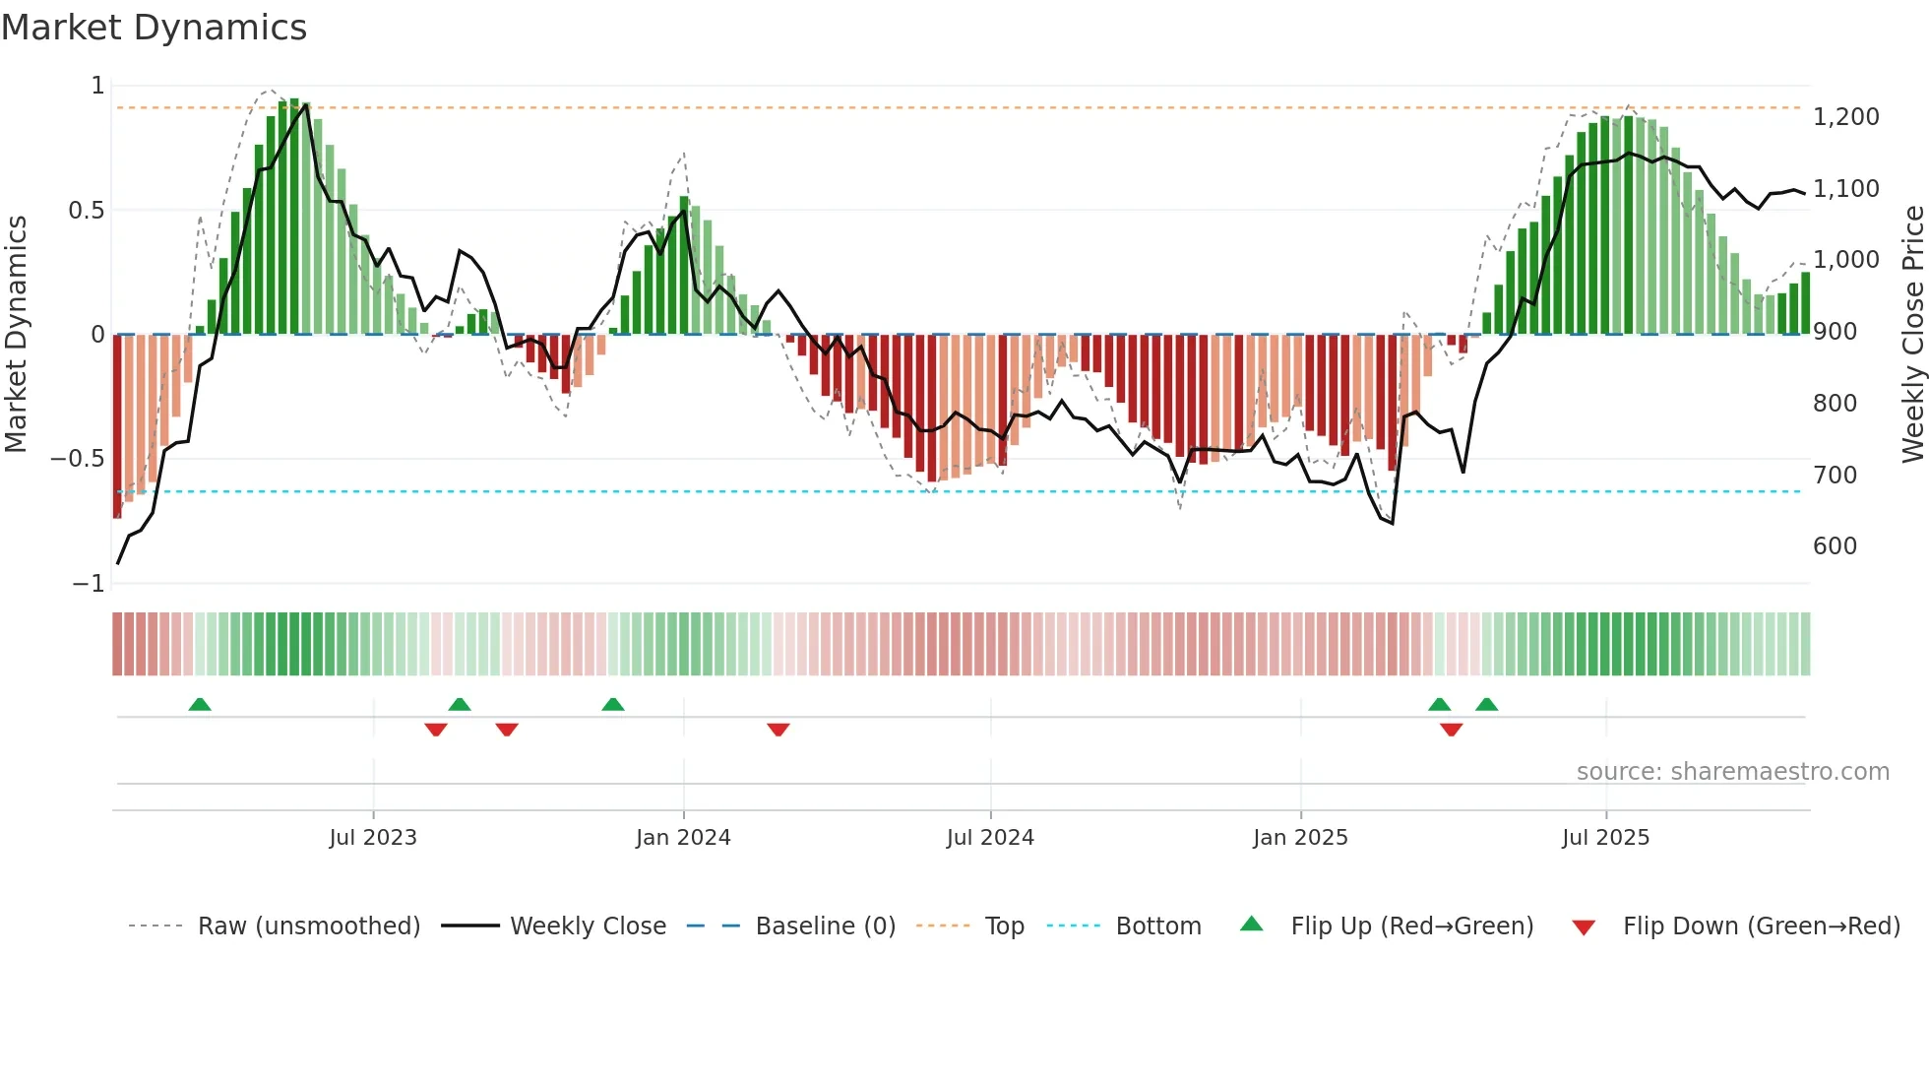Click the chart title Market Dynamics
point(155,28)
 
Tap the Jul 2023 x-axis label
point(373,838)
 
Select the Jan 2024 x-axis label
point(683,838)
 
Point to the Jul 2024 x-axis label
point(990,838)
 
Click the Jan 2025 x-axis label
point(1300,838)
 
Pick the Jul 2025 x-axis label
point(1605,838)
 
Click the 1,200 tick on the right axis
point(1845,117)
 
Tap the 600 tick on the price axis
point(1835,546)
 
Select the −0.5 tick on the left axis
point(77,459)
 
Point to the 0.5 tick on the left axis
point(86,211)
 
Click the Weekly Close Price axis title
point(1912,334)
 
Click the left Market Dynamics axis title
point(16,334)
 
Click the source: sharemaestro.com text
point(1732,772)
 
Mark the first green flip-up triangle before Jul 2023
point(200,704)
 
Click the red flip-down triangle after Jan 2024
point(778,730)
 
